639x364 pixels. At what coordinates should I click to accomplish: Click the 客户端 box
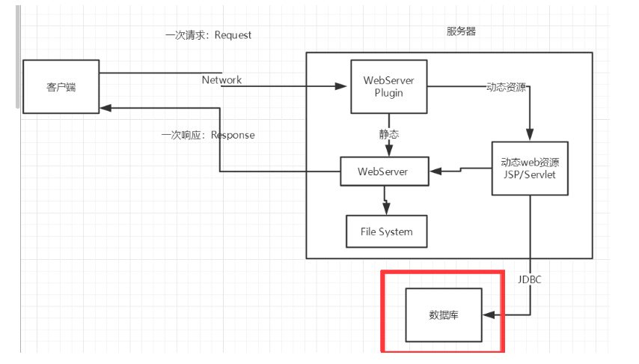(61, 87)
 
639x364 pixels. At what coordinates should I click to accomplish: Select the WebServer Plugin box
(389, 87)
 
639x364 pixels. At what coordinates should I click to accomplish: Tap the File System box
(386, 231)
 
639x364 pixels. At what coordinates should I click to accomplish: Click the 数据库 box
(444, 315)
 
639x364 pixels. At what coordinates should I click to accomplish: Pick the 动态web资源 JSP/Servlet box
(530, 168)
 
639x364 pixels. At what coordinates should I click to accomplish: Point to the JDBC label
(529, 279)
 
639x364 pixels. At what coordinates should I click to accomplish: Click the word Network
(221, 80)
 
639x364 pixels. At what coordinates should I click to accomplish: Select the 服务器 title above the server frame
(461, 31)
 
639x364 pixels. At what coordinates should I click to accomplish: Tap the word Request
(233, 35)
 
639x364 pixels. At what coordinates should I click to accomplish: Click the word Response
(233, 135)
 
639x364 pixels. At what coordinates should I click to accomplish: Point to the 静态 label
(389, 134)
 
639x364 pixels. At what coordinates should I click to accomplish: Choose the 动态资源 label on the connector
(506, 87)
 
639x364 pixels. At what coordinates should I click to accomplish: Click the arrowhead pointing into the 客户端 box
(106, 108)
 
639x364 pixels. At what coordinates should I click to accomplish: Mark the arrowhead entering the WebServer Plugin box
(340, 86)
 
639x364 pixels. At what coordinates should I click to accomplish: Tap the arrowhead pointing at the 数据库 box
(489, 315)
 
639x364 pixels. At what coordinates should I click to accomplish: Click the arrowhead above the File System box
(386, 208)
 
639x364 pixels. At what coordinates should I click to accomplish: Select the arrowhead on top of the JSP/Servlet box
(530, 135)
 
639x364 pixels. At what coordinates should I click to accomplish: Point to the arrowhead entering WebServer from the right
(435, 172)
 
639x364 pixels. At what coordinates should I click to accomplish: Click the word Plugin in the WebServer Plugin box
(389, 93)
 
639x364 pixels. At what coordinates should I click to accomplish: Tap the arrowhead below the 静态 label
(389, 151)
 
